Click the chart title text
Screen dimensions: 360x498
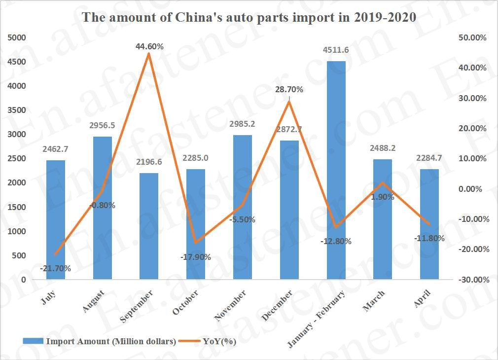(249, 17)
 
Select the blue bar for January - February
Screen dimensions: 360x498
(336, 170)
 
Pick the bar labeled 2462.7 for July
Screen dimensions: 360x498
(56, 219)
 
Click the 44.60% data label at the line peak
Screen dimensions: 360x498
(149, 46)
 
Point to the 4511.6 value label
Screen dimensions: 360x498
(336, 50)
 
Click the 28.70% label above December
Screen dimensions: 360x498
(289, 90)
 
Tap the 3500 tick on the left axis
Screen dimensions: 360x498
(18, 110)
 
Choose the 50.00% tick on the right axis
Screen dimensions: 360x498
(472, 37)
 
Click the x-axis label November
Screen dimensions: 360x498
(231, 306)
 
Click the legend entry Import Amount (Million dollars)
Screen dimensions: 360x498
(111, 341)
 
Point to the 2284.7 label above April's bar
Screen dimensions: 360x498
(429, 158)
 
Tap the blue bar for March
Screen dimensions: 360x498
(383, 219)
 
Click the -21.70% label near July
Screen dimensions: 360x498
(55, 269)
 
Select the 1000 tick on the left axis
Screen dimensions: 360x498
(18, 231)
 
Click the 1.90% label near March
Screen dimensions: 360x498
(382, 197)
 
